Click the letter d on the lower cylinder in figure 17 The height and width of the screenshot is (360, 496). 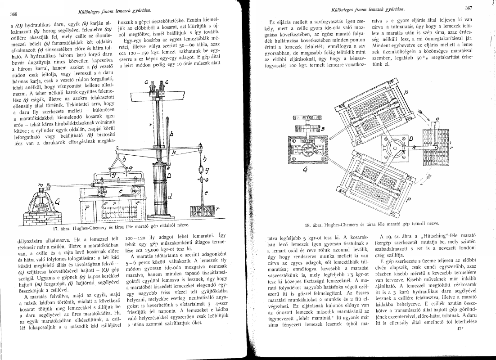click(x=168, y=197)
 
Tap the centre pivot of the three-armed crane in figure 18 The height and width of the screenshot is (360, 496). click(x=394, y=143)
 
